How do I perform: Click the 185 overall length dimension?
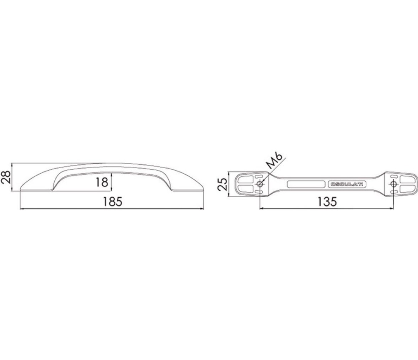tap(113, 202)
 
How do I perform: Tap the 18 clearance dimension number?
tap(102, 182)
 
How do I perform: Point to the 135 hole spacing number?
tap(327, 202)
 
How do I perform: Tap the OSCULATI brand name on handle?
tap(348, 184)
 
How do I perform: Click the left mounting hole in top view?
tap(259, 184)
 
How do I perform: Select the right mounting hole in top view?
tap(393, 184)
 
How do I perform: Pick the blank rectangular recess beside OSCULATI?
tap(306, 184)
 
